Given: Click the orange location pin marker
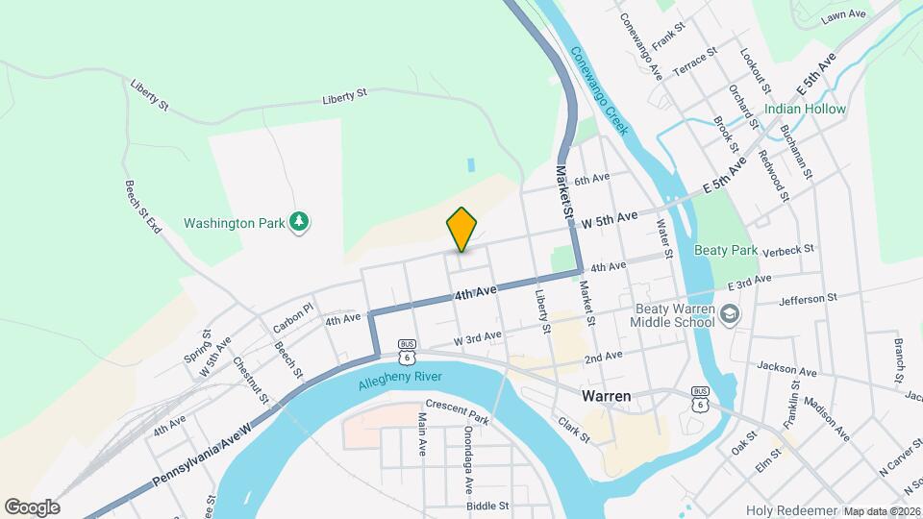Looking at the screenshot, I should click(462, 229).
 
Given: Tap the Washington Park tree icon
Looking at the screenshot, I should click(302, 223).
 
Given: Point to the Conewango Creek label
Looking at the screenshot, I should click(597, 91).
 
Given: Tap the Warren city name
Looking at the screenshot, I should click(607, 396).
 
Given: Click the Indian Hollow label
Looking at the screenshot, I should click(806, 109).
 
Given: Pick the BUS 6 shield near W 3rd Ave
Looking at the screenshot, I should click(408, 351).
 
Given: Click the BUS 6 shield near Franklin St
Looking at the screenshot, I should click(701, 399).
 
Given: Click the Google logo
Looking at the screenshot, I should click(31, 507).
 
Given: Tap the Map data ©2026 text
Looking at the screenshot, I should click(882, 511).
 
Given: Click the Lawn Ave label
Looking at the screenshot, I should click(844, 17).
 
